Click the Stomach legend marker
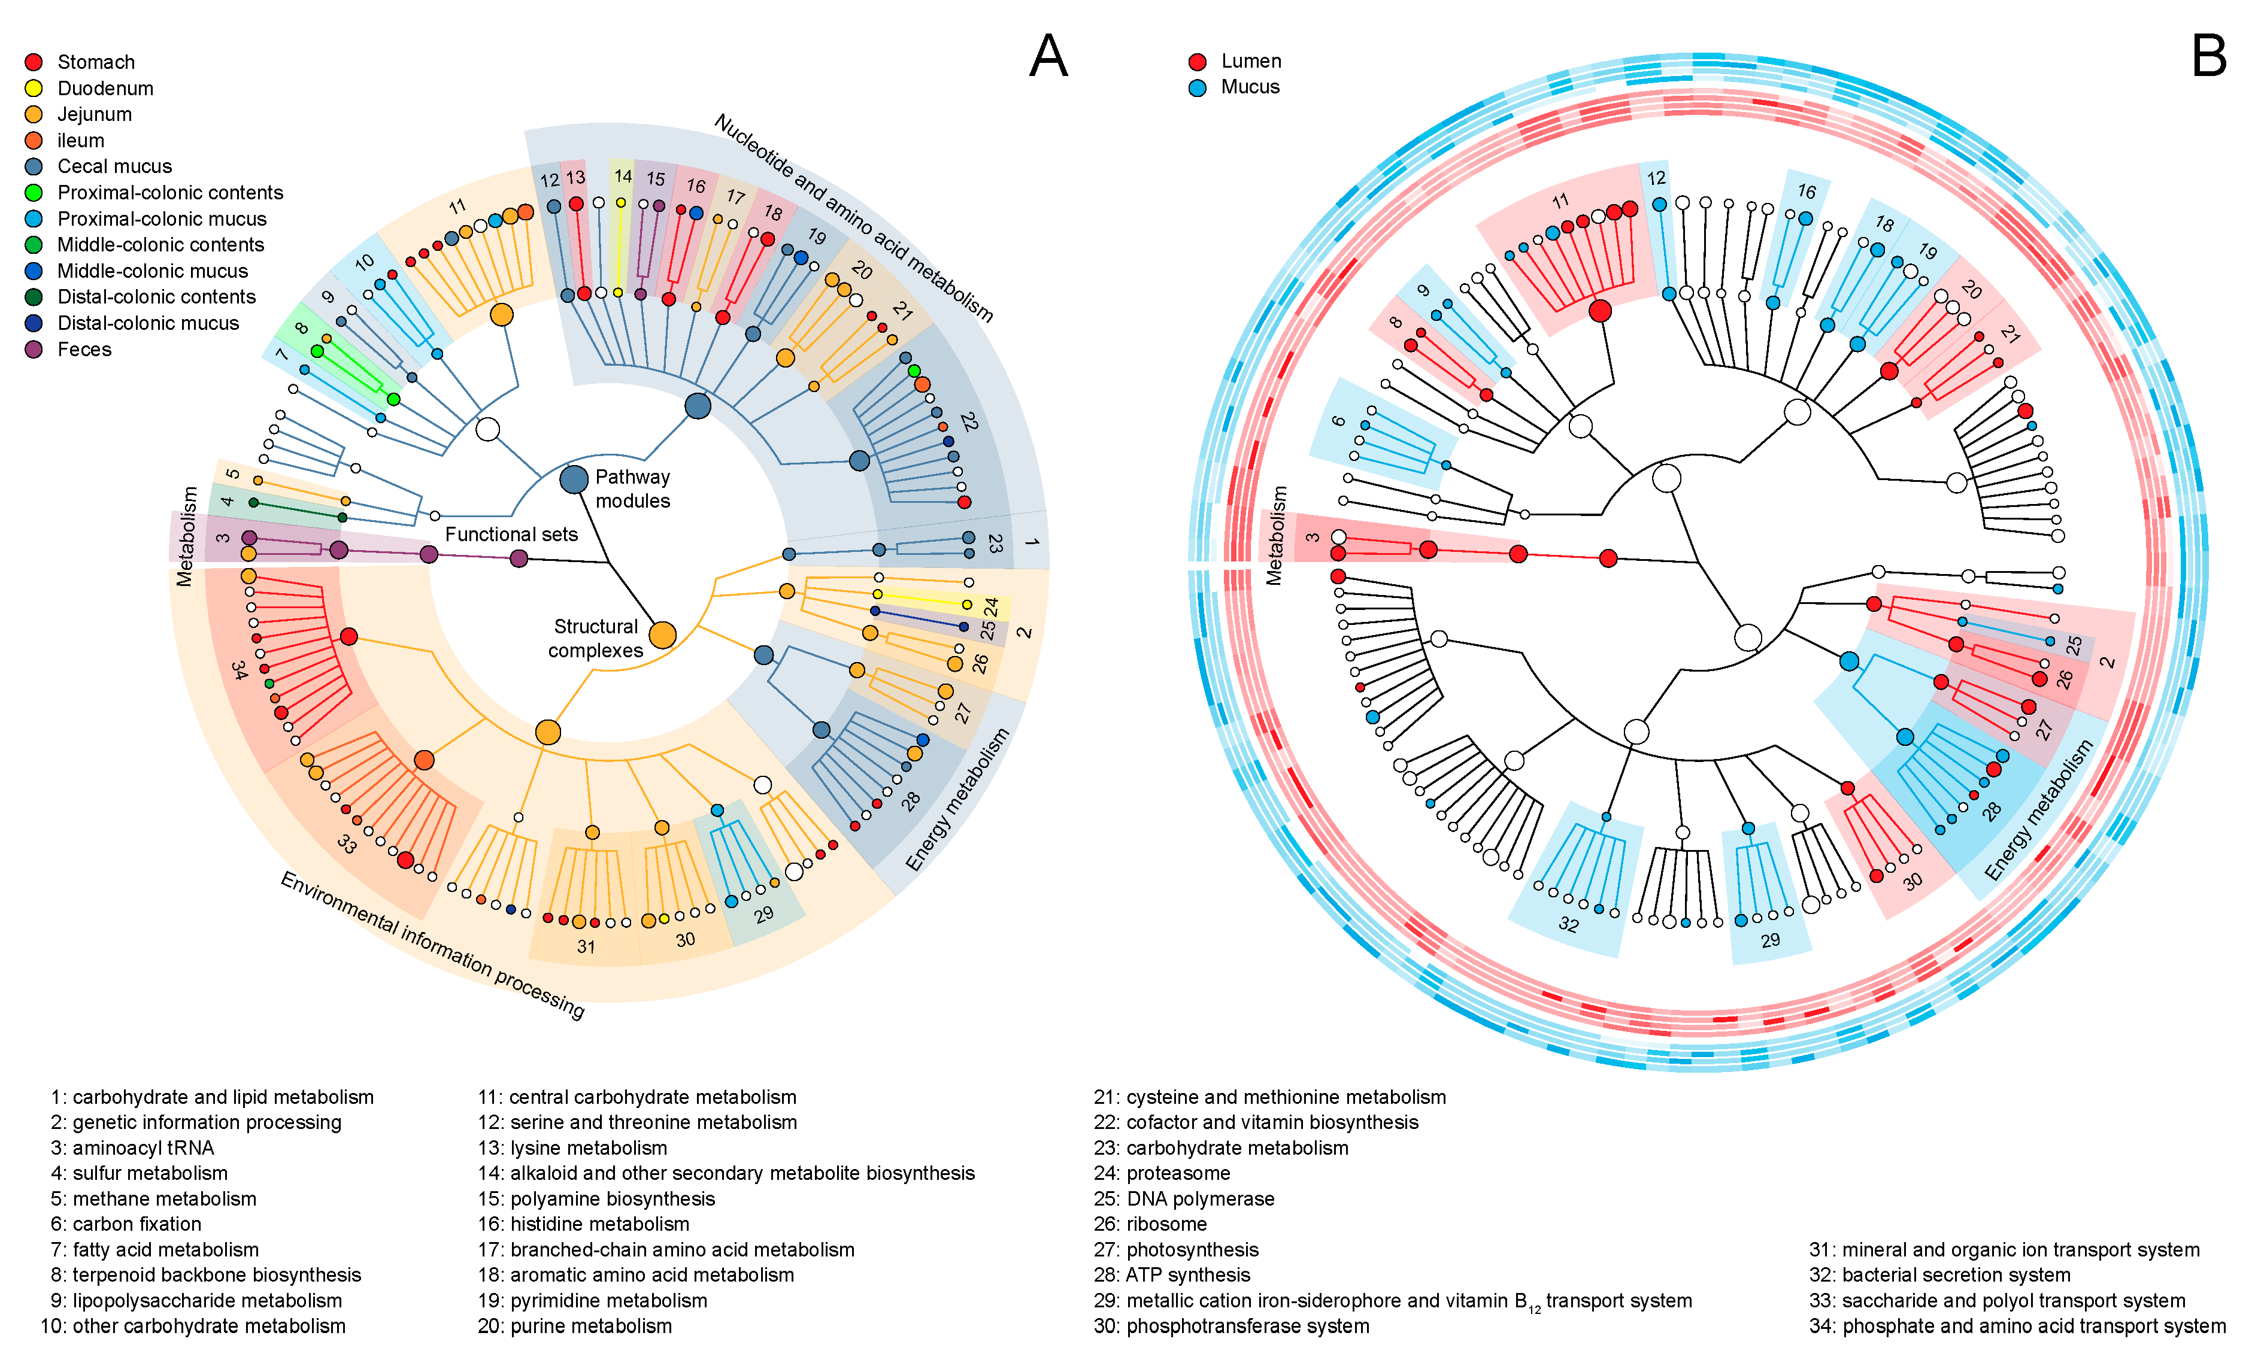click(x=34, y=62)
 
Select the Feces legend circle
click(x=34, y=349)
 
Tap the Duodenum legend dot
click(x=34, y=88)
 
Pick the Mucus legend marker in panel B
click(x=1197, y=88)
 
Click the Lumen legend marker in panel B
click(x=1197, y=62)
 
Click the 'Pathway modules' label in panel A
click(x=632, y=488)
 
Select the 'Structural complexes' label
click(x=596, y=638)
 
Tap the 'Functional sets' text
click(x=511, y=534)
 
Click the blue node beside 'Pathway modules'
click(x=574, y=478)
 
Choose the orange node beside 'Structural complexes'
click(x=663, y=635)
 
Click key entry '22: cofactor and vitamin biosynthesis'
click(x=1256, y=1122)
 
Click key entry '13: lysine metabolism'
click(x=573, y=1148)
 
